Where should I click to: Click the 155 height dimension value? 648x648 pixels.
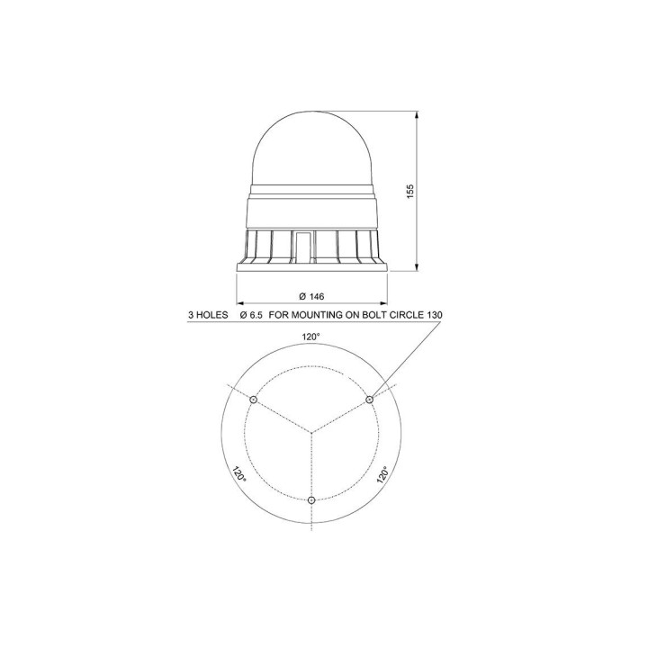coord(409,191)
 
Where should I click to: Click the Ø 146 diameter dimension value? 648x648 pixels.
coord(311,296)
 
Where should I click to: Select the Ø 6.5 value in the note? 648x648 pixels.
coord(251,315)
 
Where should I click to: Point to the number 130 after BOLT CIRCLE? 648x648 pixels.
coord(434,315)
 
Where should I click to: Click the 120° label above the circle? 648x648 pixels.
coord(311,337)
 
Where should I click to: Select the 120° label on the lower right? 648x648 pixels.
coord(382,475)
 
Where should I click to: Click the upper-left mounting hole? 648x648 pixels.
coord(253,400)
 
